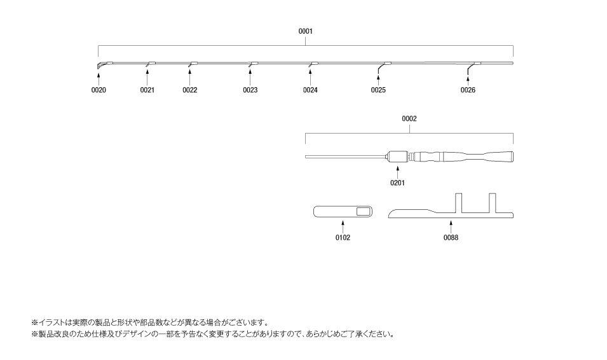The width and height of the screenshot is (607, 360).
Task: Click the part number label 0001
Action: (305, 31)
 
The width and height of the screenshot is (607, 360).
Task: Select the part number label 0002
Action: (409, 119)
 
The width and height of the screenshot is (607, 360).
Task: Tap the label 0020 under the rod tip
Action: (99, 90)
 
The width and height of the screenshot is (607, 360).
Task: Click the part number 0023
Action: (250, 90)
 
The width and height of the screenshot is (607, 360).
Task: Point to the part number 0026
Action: (468, 90)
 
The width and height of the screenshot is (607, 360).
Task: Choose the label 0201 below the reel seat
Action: (397, 183)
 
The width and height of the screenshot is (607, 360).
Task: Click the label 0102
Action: (343, 237)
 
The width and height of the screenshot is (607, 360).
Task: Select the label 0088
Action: (451, 237)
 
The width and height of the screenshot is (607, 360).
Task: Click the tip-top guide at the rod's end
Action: (100, 66)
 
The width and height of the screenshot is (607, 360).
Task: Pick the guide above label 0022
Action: (193, 64)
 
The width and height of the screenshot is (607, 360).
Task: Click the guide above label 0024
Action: (313, 64)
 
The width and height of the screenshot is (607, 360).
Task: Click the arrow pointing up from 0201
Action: (397, 172)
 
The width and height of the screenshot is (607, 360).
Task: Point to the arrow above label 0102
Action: (343, 227)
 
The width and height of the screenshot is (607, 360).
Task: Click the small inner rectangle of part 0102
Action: (363, 212)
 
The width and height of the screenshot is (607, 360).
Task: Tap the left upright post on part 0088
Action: (459, 203)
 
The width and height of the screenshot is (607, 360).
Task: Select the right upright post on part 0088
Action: (493, 203)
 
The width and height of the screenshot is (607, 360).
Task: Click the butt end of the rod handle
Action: (512, 157)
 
